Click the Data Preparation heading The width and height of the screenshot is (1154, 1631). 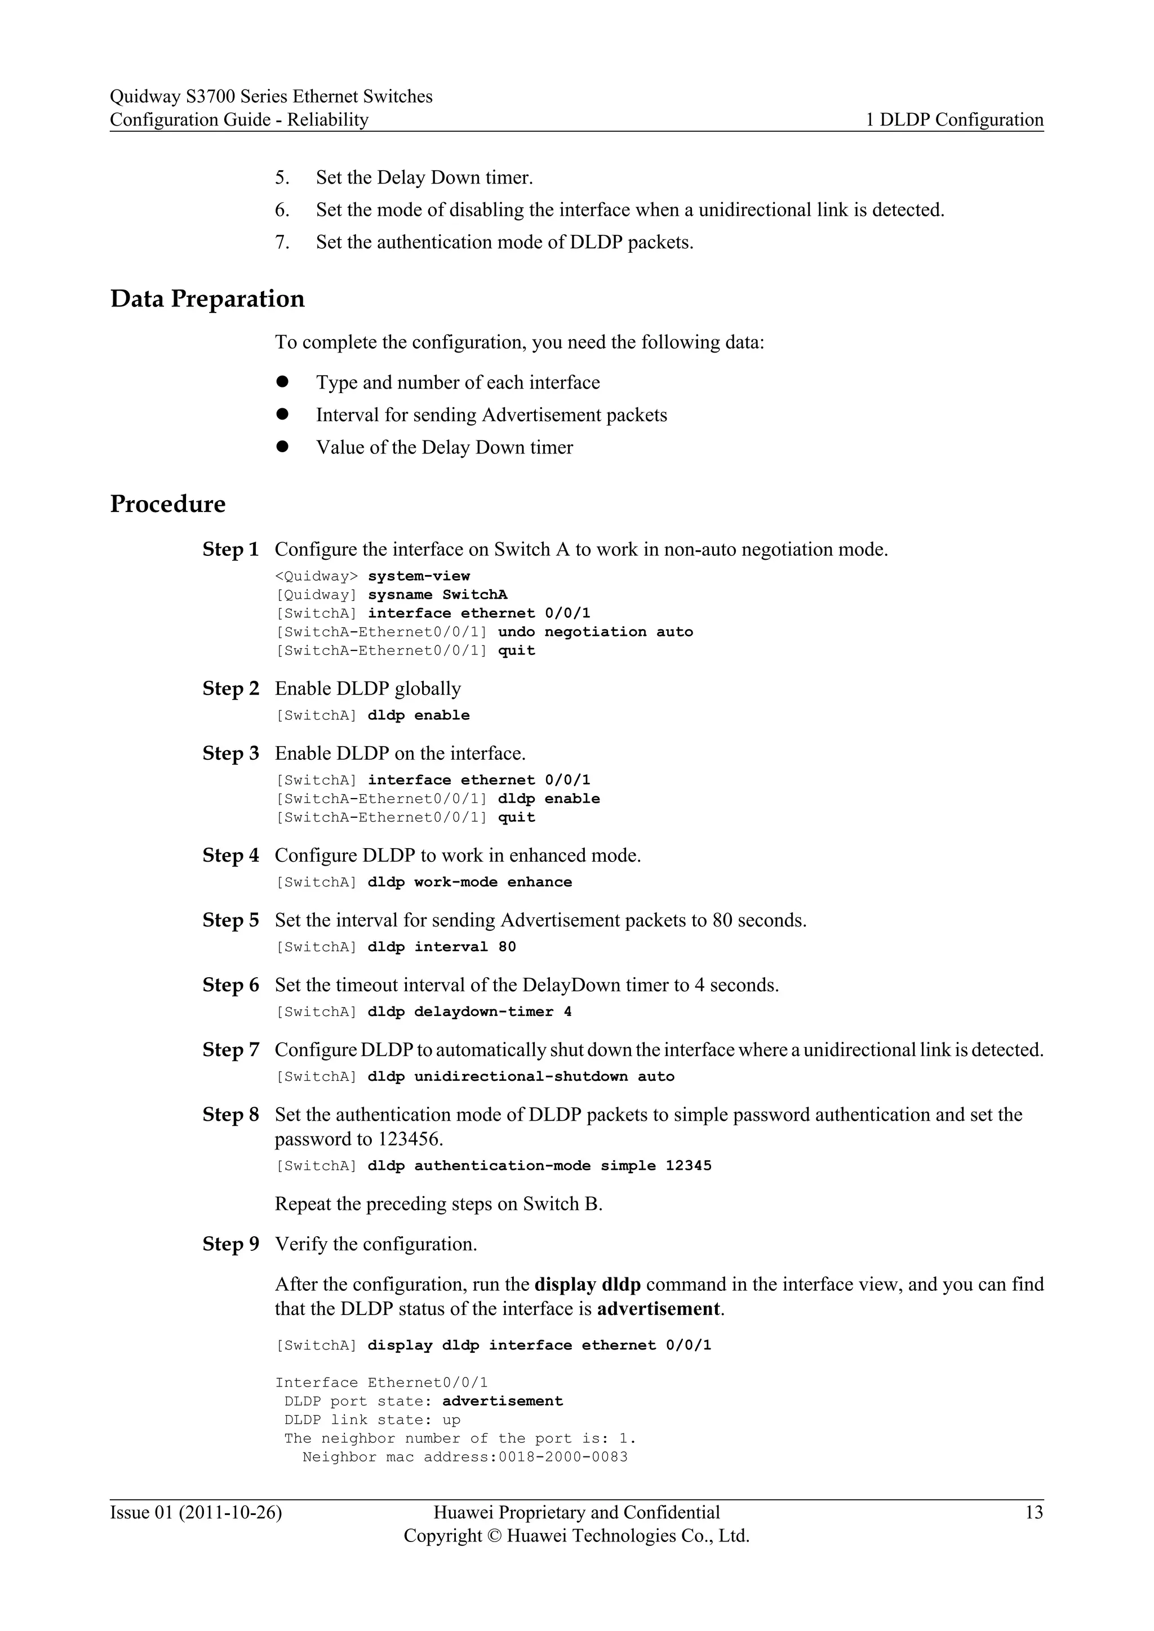point(207,298)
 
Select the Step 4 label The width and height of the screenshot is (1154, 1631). point(230,855)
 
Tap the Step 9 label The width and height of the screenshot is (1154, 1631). point(230,1244)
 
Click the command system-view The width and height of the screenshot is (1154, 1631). point(419,576)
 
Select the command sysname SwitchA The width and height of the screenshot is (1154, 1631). point(437,595)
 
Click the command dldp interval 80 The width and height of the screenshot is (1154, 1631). point(441,947)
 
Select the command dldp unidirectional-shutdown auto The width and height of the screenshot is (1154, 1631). point(521,1076)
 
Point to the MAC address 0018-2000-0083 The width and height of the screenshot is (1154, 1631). point(563,1457)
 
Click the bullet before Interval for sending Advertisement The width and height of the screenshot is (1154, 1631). point(282,414)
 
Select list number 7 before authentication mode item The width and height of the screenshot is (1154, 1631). point(282,242)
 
